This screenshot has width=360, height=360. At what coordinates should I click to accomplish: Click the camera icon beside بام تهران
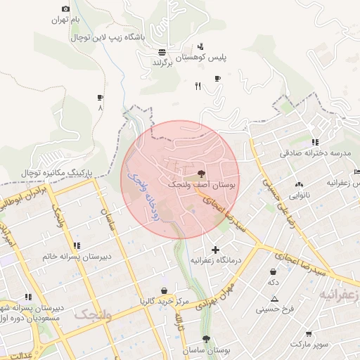(65, 9)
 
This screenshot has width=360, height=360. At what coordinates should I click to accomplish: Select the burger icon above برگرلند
(162, 52)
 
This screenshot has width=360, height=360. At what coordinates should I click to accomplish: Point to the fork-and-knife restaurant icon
(198, 86)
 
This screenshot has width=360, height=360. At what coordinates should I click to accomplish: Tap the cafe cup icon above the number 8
(100, 98)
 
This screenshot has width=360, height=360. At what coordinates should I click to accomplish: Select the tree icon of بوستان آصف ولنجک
(202, 172)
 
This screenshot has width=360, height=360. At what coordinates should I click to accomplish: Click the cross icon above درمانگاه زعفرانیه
(215, 250)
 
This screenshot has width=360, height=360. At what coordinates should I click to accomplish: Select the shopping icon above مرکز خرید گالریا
(164, 290)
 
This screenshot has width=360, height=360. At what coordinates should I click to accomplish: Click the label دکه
(273, 282)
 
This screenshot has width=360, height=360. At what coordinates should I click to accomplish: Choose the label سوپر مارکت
(310, 345)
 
